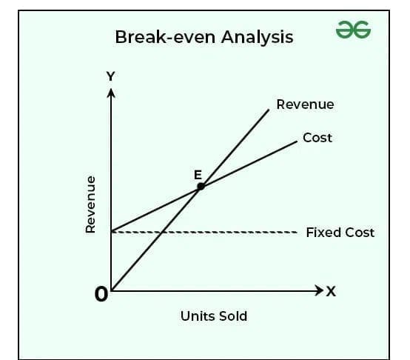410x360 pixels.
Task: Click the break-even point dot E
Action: pyautogui.click(x=201, y=187)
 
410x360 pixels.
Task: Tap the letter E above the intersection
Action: pyautogui.click(x=198, y=175)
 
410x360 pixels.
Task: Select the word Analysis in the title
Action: pyautogui.click(x=257, y=38)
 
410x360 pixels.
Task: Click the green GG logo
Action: pyautogui.click(x=353, y=30)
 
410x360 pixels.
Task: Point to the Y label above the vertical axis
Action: pyautogui.click(x=110, y=76)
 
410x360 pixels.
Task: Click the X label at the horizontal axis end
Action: pyautogui.click(x=331, y=291)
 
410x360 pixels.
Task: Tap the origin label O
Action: pyautogui.click(x=101, y=294)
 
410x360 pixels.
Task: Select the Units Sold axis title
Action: pyautogui.click(x=214, y=316)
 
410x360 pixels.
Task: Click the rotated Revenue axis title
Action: pyautogui.click(x=90, y=204)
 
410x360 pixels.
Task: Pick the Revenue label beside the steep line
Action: pyautogui.click(x=305, y=104)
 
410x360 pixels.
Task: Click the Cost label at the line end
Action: pyautogui.click(x=317, y=138)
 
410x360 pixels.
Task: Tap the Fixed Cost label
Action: pyautogui.click(x=340, y=233)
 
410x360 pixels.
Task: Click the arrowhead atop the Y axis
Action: pyautogui.click(x=111, y=93)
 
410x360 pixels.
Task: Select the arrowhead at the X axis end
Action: pyautogui.click(x=319, y=290)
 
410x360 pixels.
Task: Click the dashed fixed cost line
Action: pyautogui.click(x=204, y=232)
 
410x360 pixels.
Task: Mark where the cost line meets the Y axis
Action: pyautogui.click(x=112, y=231)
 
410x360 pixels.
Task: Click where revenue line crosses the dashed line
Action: pyautogui.click(x=161, y=232)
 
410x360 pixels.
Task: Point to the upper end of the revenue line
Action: pyautogui.click(x=269, y=110)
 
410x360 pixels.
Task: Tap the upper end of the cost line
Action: pyautogui.click(x=297, y=141)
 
